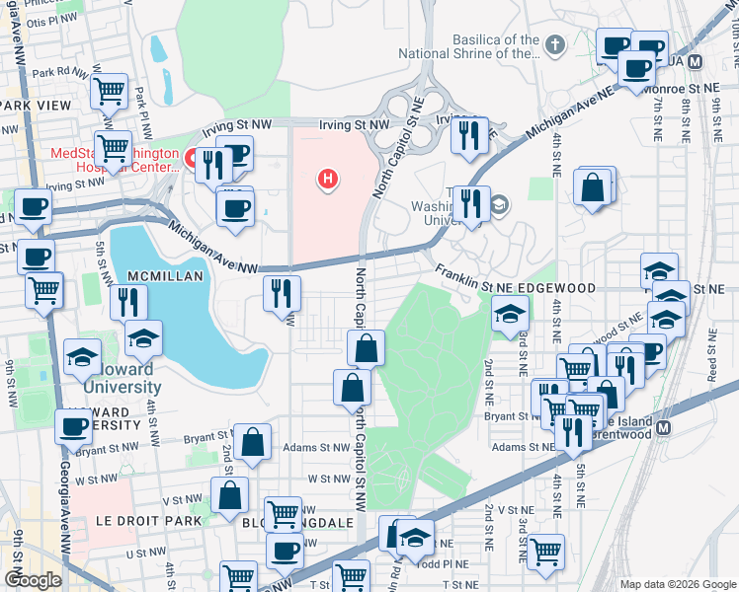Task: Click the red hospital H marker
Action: [328, 179]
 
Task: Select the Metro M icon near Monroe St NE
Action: [695, 61]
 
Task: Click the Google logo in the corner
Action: [34, 579]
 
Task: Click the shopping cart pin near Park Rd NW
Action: [109, 91]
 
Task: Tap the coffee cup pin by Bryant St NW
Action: [74, 427]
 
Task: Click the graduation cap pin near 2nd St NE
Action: [511, 315]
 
